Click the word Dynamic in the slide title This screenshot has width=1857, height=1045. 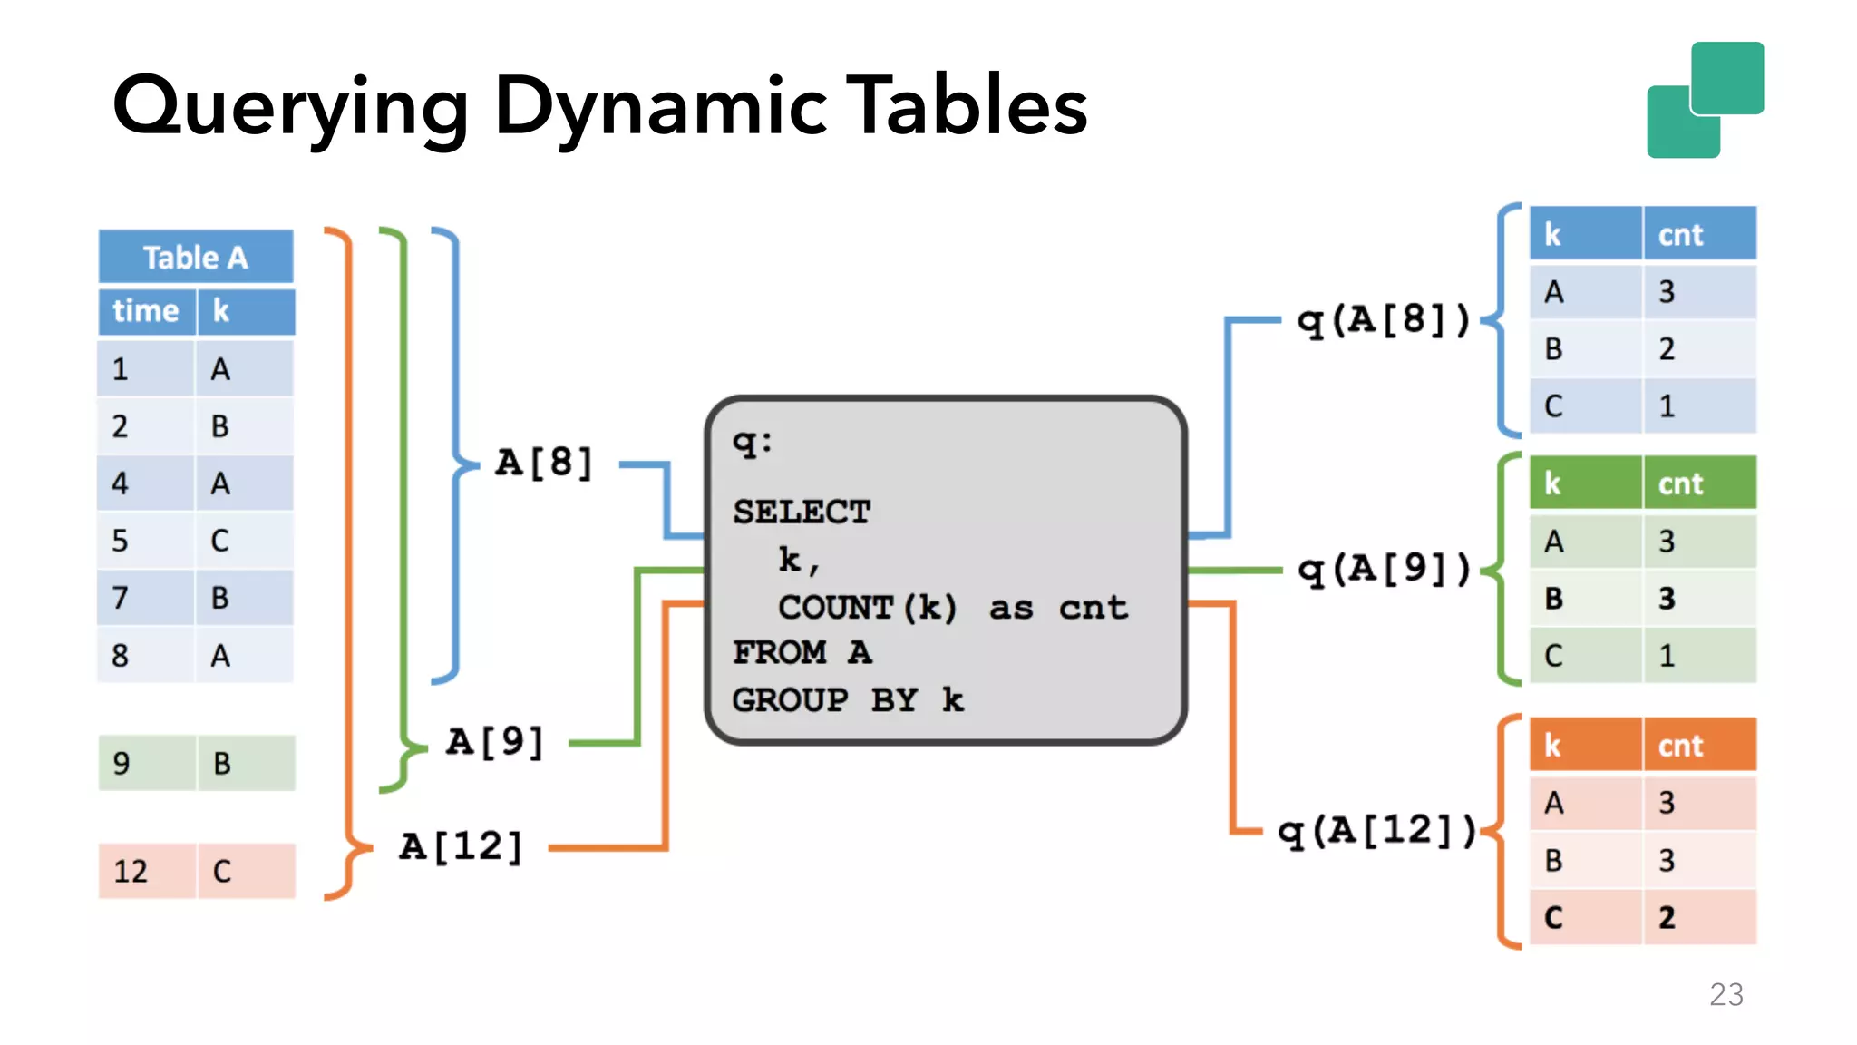click(660, 107)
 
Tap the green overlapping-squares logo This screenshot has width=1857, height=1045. click(1705, 100)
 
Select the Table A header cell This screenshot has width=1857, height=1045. click(195, 258)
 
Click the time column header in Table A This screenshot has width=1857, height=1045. click(145, 311)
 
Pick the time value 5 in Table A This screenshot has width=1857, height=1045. click(120, 541)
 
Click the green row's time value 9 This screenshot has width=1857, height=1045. click(122, 764)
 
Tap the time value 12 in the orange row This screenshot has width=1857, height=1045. click(131, 872)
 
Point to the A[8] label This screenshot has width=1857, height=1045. click(544, 463)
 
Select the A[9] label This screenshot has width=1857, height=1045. click(495, 742)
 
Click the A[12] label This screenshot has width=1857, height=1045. click(461, 846)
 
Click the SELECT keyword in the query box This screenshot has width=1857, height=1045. click(802, 513)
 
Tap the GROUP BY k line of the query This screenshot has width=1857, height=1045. click(848, 700)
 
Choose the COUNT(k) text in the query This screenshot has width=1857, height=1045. click(867, 608)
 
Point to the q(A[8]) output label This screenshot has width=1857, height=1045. click(1383, 320)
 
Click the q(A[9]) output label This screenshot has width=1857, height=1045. click(1383, 570)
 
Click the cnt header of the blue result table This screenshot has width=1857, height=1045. click(1680, 235)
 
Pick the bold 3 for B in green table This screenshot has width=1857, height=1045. click(1667, 599)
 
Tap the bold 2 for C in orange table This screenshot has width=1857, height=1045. click(1667, 918)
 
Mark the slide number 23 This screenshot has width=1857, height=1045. click(1726, 995)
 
